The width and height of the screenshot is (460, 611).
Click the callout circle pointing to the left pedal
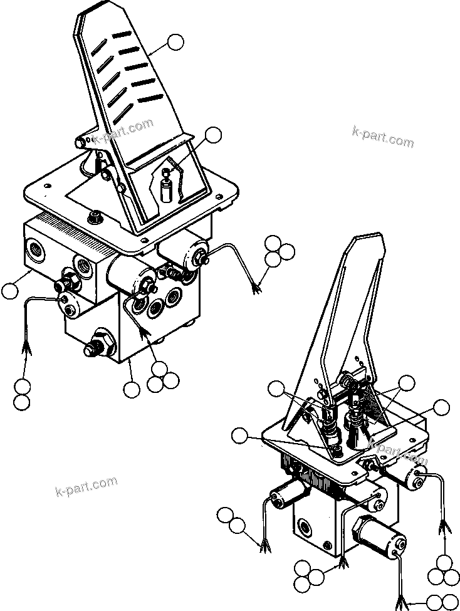coord(176,43)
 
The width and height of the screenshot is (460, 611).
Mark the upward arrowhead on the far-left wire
coord(27,346)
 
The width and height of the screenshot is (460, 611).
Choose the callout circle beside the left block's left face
coord(10,291)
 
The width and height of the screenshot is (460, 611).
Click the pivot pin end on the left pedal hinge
coord(81,143)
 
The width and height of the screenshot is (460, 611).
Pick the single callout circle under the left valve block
coord(131,390)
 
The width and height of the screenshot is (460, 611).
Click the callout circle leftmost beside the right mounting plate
coord(239,437)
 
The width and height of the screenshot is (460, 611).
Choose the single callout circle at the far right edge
coord(441,408)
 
